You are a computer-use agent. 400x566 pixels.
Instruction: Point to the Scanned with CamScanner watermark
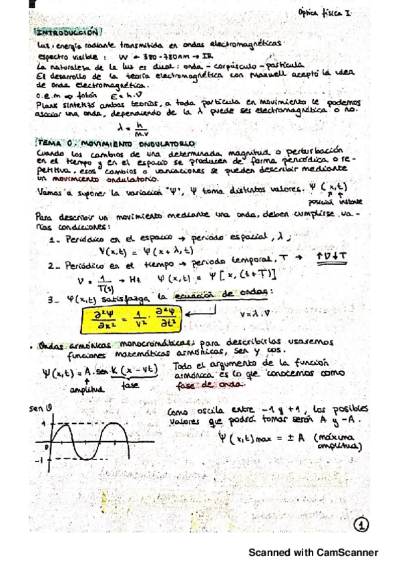coord(313,552)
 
